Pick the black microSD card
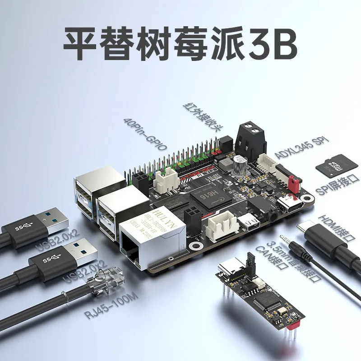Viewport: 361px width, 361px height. tap(337, 166)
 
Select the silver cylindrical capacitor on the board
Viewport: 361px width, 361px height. tap(239, 165)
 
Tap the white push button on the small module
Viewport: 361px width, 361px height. tap(259, 283)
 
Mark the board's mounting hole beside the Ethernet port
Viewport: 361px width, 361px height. tap(195, 246)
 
